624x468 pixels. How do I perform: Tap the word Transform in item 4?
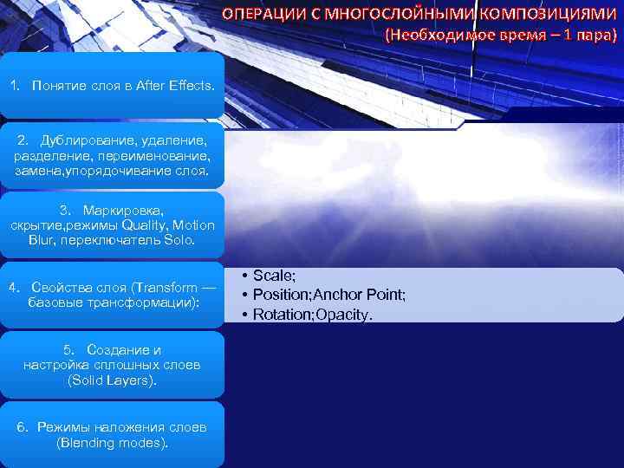166,287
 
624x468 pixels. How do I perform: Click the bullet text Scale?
273,275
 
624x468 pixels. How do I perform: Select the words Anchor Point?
364,295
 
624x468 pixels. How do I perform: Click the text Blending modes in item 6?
112,443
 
